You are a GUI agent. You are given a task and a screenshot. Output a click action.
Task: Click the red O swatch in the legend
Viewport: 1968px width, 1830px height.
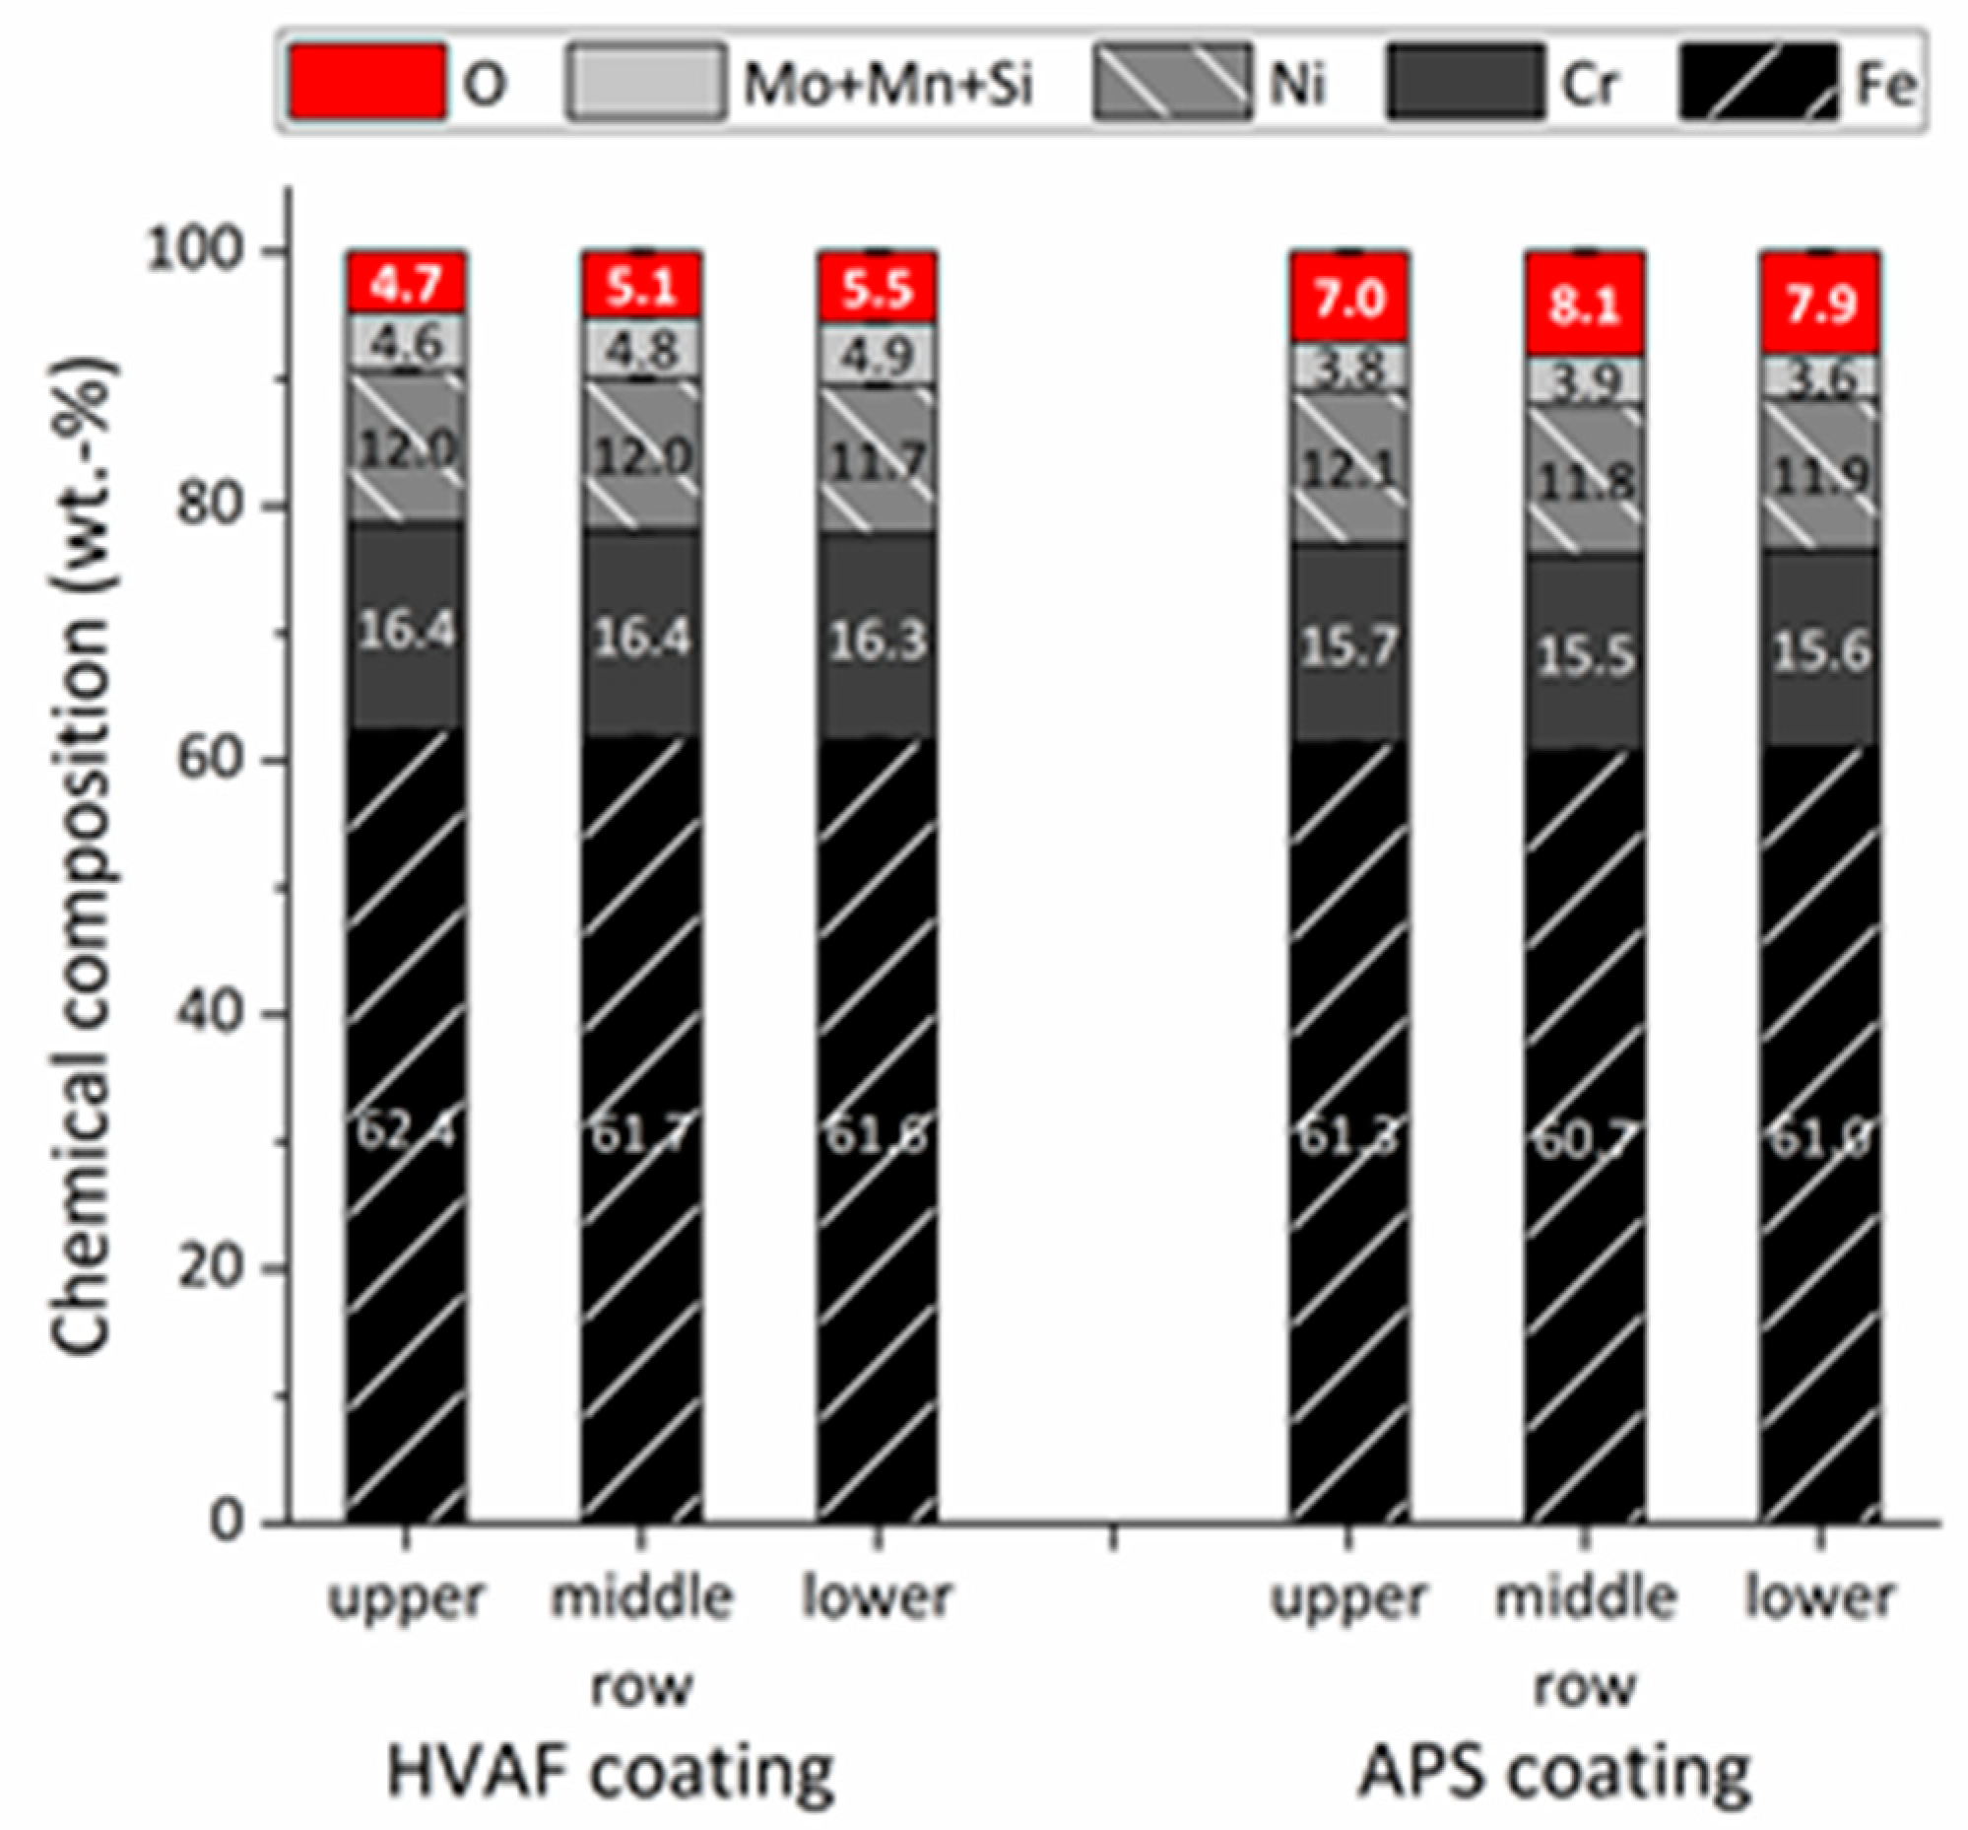(366, 82)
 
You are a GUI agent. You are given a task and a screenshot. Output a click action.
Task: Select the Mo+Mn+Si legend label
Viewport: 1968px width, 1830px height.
(888, 84)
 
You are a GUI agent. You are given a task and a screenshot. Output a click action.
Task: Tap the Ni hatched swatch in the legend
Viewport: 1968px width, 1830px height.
(1171, 82)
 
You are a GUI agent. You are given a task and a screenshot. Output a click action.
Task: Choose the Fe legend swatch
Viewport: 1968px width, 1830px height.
(1758, 82)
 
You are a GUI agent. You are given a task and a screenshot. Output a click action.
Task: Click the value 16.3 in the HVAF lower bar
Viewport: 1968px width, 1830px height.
(877, 642)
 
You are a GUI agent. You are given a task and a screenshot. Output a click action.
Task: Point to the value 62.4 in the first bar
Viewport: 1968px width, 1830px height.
(406, 1132)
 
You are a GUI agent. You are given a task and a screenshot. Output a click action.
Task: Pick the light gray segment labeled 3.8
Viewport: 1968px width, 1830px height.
(1348, 370)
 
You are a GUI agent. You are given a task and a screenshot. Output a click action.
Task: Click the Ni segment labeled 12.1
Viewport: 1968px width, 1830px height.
(1348, 469)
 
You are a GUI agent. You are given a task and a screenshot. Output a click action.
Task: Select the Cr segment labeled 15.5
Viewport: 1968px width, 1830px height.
(1585, 655)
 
